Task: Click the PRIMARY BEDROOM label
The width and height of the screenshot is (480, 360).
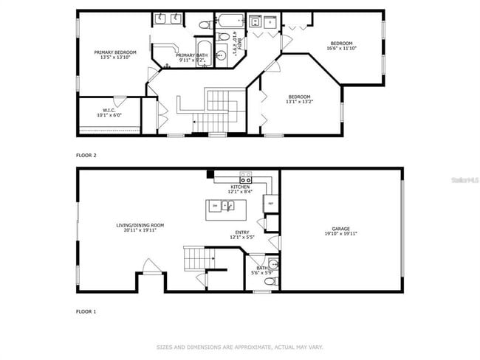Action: pyautogui.click(x=115, y=52)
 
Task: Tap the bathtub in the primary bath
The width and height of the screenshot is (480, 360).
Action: pyautogui.click(x=204, y=54)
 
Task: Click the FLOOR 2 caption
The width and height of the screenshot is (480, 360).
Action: pyautogui.click(x=86, y=155)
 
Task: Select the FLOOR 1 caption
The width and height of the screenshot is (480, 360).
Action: pyautogui.click(x=86, y=311)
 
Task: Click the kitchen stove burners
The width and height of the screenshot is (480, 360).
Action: pyautogui.click(x=245, y=179)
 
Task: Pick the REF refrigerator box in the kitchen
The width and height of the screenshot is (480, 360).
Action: pyautogui.click(x=270, y=204)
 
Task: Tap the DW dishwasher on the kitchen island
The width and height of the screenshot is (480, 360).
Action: pyautogui.click(x=215, y=205)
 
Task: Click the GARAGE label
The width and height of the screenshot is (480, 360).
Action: pyautogui.click(x=340, y=229)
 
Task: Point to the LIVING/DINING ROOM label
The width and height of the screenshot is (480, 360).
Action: pyautogui.click(x=140, y=225)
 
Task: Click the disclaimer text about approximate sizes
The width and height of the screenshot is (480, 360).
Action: pyautogui.click(x=240, y=346)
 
